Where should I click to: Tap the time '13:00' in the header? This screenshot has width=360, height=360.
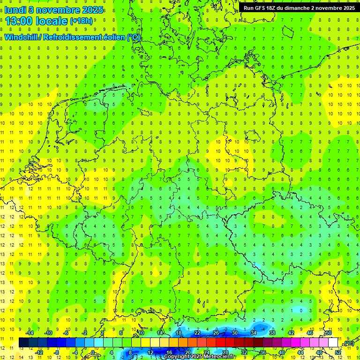click(20, 21)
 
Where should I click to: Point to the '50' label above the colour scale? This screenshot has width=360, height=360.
click(329, 333)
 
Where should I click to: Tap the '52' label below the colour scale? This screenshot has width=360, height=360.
click(338, 352)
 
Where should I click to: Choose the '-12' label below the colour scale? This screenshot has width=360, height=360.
click(39, 352)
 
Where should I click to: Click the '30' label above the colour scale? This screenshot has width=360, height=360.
click(235, 333)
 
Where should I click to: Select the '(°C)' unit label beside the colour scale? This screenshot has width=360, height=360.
click(349, 343)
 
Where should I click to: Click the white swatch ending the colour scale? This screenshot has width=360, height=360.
click(333, 343)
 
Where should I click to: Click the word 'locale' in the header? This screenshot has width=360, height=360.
click(52, 21)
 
